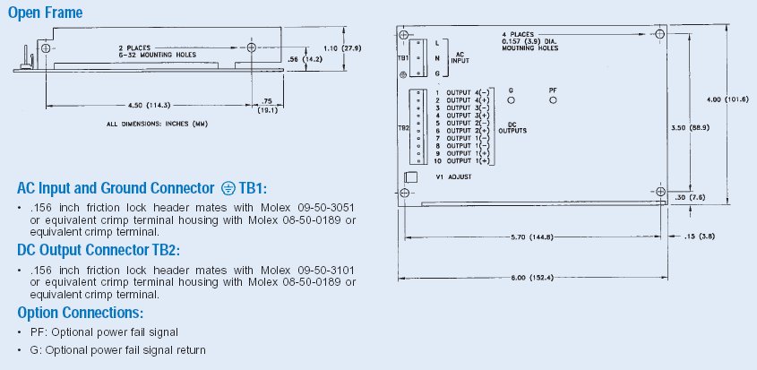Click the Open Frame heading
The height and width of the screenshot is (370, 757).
point(45,13)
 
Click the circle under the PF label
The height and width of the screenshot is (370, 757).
point(553,100)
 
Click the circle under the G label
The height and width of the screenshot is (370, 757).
point(511,100)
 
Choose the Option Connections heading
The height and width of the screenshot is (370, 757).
point(80,313)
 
